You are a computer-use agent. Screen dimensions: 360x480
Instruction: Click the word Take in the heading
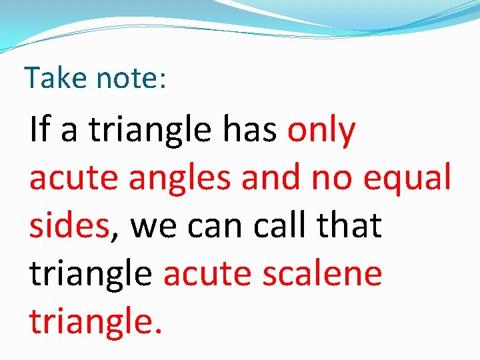point(56,78)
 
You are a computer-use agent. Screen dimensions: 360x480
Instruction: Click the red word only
point(321,131)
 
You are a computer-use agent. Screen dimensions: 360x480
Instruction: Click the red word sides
point(69,225)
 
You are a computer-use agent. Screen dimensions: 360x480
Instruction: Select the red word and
point(271,179)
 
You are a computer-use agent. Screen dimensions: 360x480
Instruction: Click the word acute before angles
point(69,179)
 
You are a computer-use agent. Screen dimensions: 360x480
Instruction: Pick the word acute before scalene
point(203,273)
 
